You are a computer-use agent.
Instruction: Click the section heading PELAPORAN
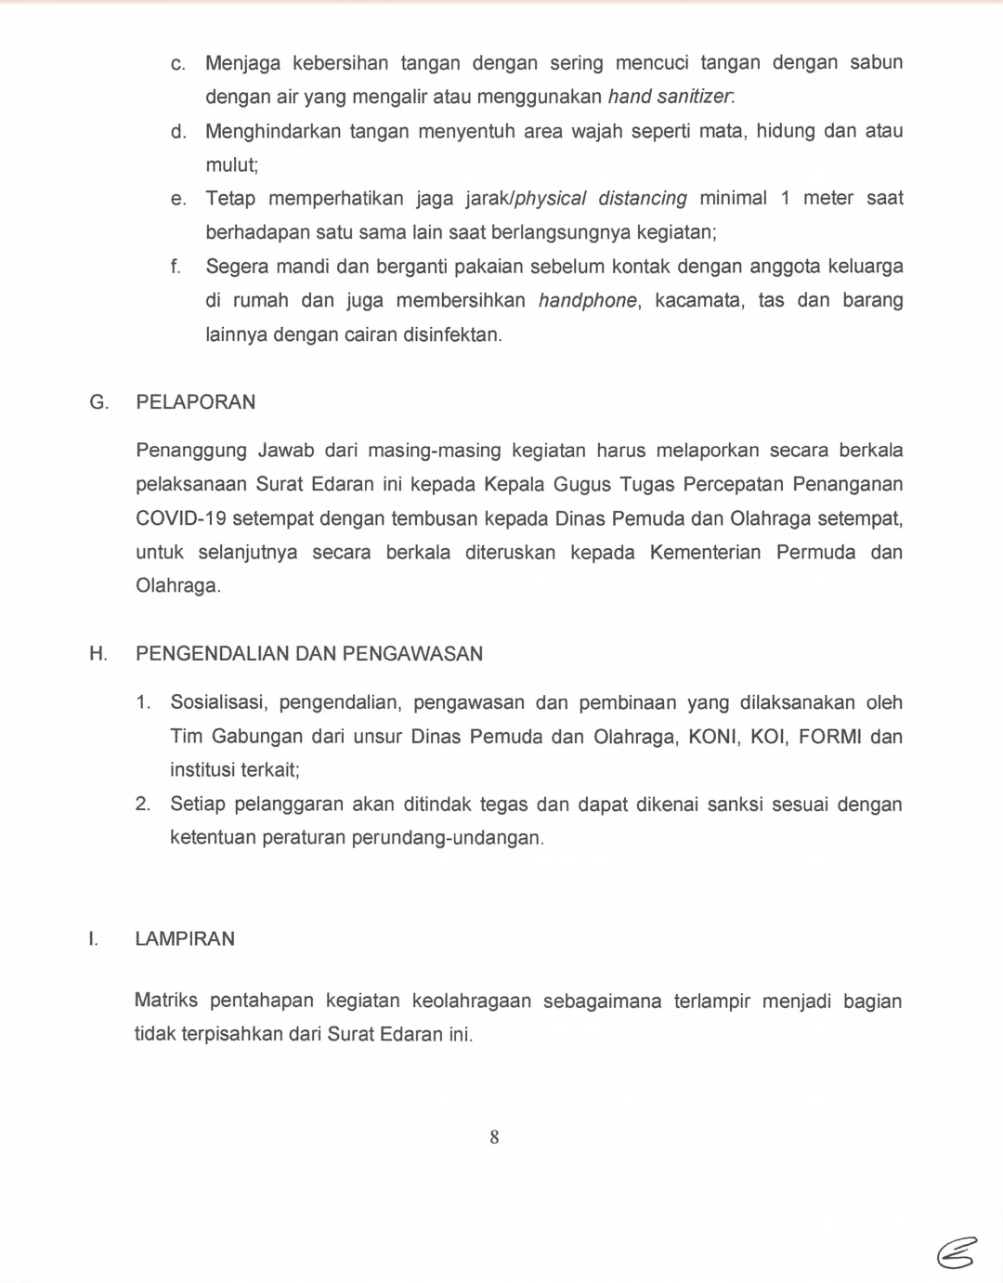(196, 402)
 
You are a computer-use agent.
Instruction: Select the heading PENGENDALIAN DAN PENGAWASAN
(309, 654)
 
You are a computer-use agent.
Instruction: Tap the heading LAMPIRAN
(185, 939)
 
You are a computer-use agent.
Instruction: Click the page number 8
(494, 1137)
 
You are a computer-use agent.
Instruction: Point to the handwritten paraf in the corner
(957, 1253)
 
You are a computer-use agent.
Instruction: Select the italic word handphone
(588, 301)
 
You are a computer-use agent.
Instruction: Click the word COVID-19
(180, 518)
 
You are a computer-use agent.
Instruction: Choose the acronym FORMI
(829, 737)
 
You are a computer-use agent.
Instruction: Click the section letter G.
(98, 402)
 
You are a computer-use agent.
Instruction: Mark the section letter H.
(98, 654)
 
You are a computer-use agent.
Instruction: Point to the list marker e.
(178, 199)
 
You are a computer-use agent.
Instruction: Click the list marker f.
(176, 267)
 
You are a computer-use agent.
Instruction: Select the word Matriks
(166, 1001)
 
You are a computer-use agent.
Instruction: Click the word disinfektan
(452, 334)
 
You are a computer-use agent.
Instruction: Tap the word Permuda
(816, 553)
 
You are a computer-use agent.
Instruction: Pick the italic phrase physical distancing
(601, 199)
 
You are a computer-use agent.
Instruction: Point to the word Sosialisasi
(219, 703)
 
